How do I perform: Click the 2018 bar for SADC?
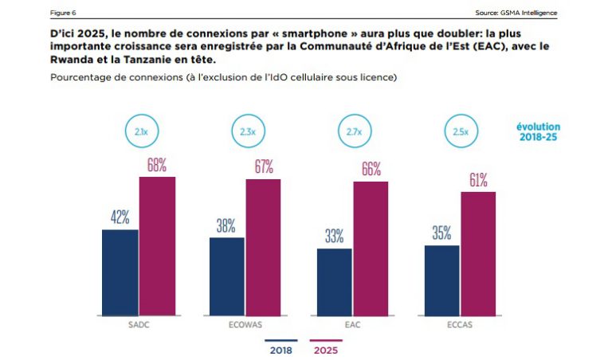click(120, 272)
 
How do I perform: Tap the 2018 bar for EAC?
click(335, 281)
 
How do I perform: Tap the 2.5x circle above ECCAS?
click(461, 131)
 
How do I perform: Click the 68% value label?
click(156, 165)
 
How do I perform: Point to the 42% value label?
click(120, 217)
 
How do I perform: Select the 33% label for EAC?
click(334, 236)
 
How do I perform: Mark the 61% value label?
click(478, 180)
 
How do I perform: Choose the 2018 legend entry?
click(280, 349)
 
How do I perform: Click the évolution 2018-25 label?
click(537, 132)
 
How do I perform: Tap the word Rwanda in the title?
click(73, 61)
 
